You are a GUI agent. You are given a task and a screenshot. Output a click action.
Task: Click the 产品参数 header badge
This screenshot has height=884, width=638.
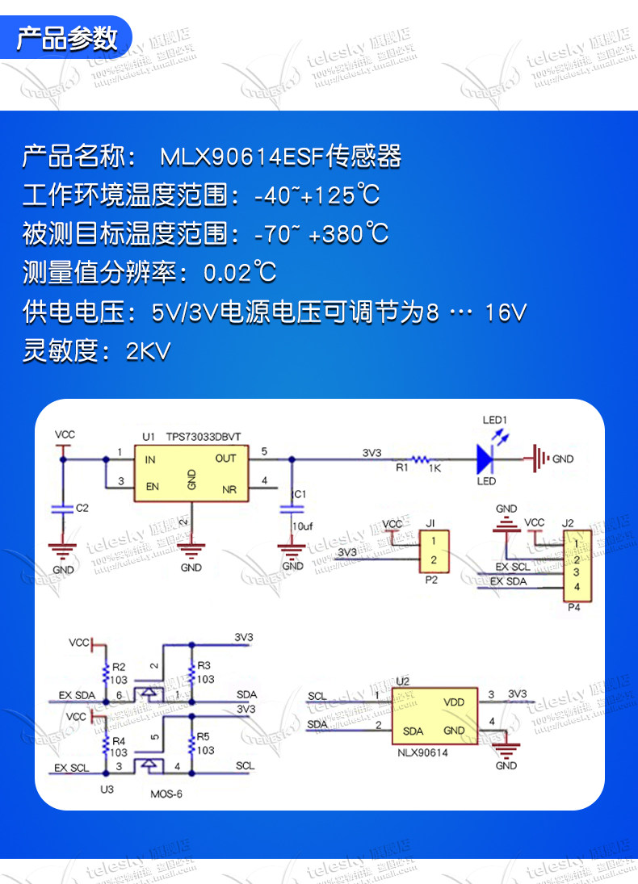pyautogui.click(x=68, y=38)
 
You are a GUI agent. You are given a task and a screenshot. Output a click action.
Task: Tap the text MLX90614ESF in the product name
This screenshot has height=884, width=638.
pyautogui.click(x=241, y=157)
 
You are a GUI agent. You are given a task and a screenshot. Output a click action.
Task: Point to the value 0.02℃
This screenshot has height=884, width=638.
pyautogui.click(x=240, y=273)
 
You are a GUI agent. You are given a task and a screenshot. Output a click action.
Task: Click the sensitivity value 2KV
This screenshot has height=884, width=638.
pyautogui.click(x=149, y=351)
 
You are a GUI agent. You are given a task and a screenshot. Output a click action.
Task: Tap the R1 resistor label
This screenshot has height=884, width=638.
pyautogui.click(x=401, y=467)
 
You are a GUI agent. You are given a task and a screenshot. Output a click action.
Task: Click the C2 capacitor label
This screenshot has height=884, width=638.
pyautogui.click(x=81, y=509)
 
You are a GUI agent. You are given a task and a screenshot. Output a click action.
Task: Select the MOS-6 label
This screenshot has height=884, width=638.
pyautogui.click(x=166, y=794)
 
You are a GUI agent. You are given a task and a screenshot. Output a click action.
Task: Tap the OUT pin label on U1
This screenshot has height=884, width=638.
pyautogui.click(x=225, y=459)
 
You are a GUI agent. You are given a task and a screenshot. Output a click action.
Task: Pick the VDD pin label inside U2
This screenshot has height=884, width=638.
pyautogui.click(x=454, y=702)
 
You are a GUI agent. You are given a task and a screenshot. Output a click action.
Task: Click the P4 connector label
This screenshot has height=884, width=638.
pyautogui.click(x=573, y=607)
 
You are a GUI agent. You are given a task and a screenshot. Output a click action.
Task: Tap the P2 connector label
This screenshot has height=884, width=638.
pyautogui.click(x=430, y=579)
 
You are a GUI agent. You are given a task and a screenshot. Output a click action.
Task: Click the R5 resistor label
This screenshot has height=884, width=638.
pyautogui.click(x=203, y=736)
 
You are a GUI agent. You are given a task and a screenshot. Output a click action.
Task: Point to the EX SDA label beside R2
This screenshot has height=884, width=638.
pyautogui.click(x=77, y=695)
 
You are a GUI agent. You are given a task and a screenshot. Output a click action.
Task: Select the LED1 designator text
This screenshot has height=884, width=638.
pyautogui.click(x=493, y=420)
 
